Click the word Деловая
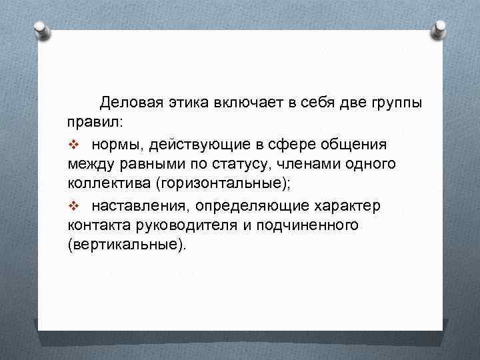(130, 103)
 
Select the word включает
(247, 103)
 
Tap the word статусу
(245, 164)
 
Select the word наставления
(139, 205)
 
